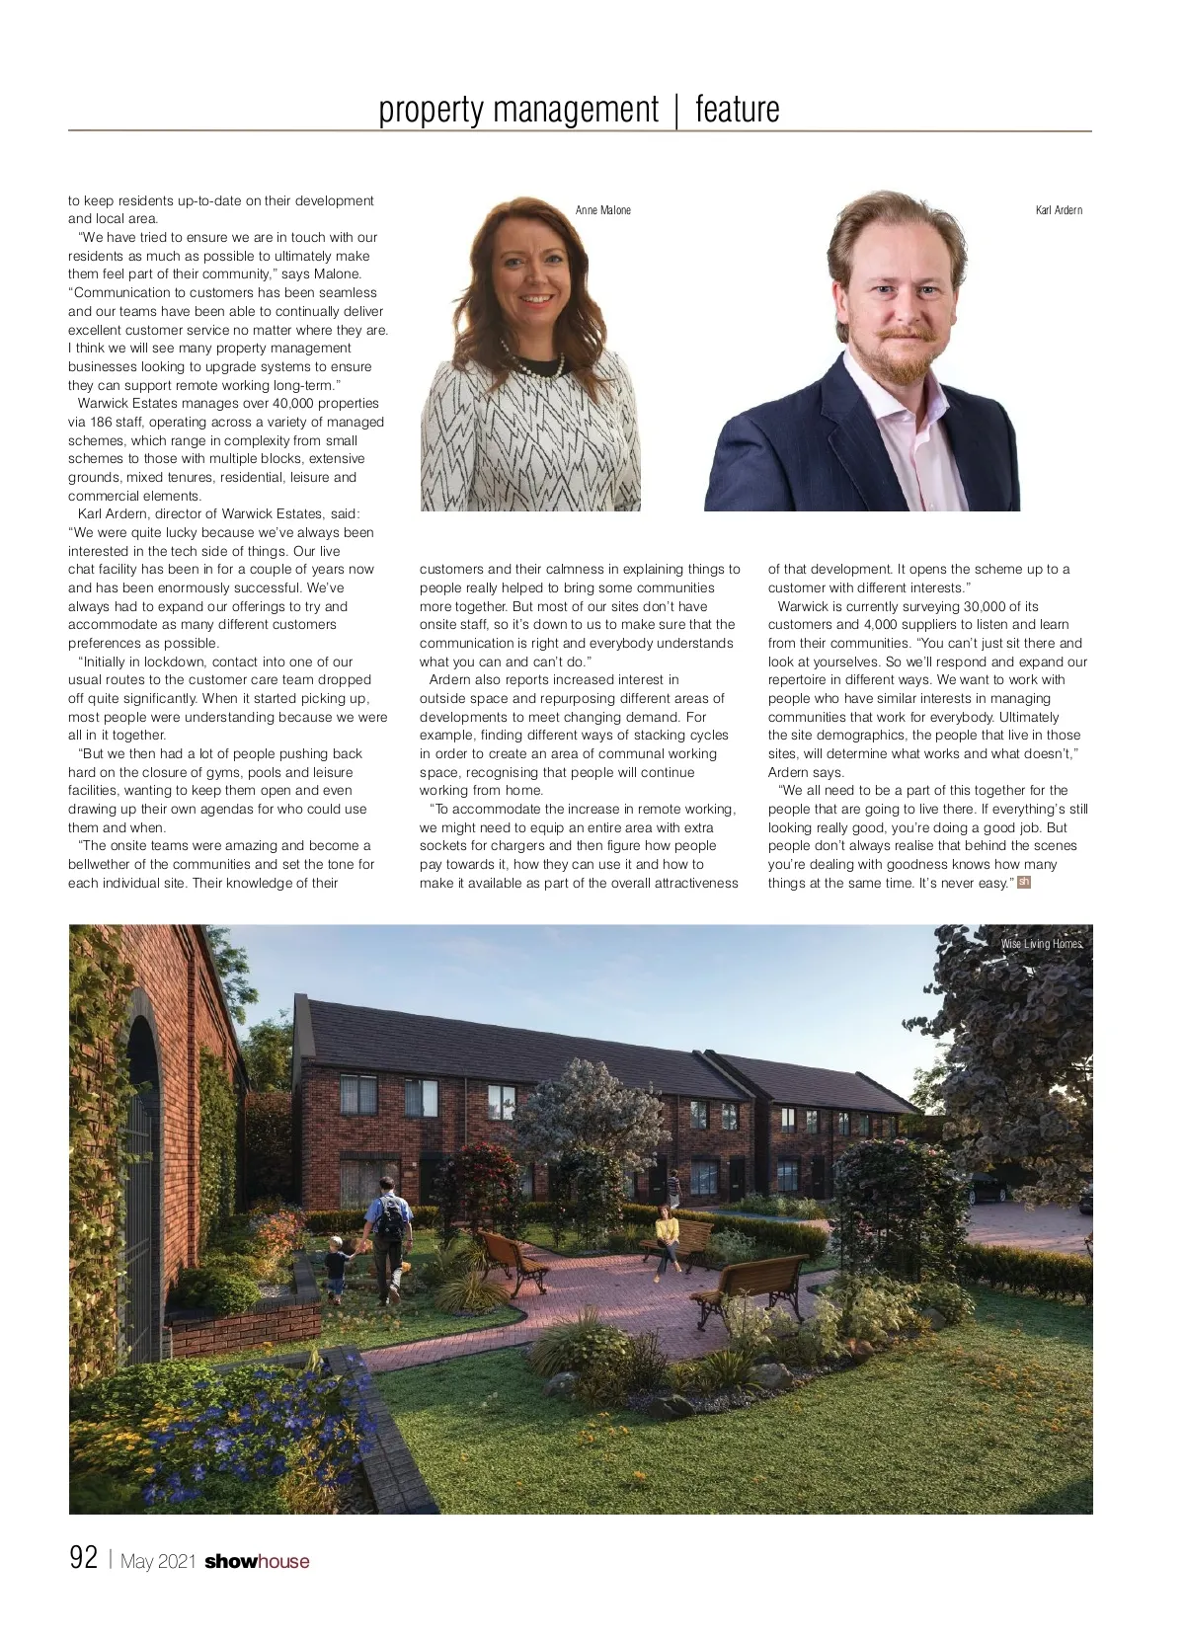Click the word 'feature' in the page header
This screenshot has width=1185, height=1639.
tap(737, 109)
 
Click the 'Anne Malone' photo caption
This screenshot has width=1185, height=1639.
tap(602, 210)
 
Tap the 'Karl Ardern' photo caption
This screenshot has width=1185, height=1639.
tap(1059, 210)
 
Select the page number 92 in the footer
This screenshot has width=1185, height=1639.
tap(83, 1558)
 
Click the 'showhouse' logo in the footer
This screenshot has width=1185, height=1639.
tap(257, 1561)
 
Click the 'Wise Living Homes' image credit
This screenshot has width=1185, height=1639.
tap(1041, 944)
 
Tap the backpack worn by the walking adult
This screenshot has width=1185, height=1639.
tap(391, 1221)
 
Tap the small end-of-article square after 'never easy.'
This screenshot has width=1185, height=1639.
tap(1024, 882)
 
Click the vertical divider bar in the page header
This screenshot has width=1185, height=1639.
tap(676, 109)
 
